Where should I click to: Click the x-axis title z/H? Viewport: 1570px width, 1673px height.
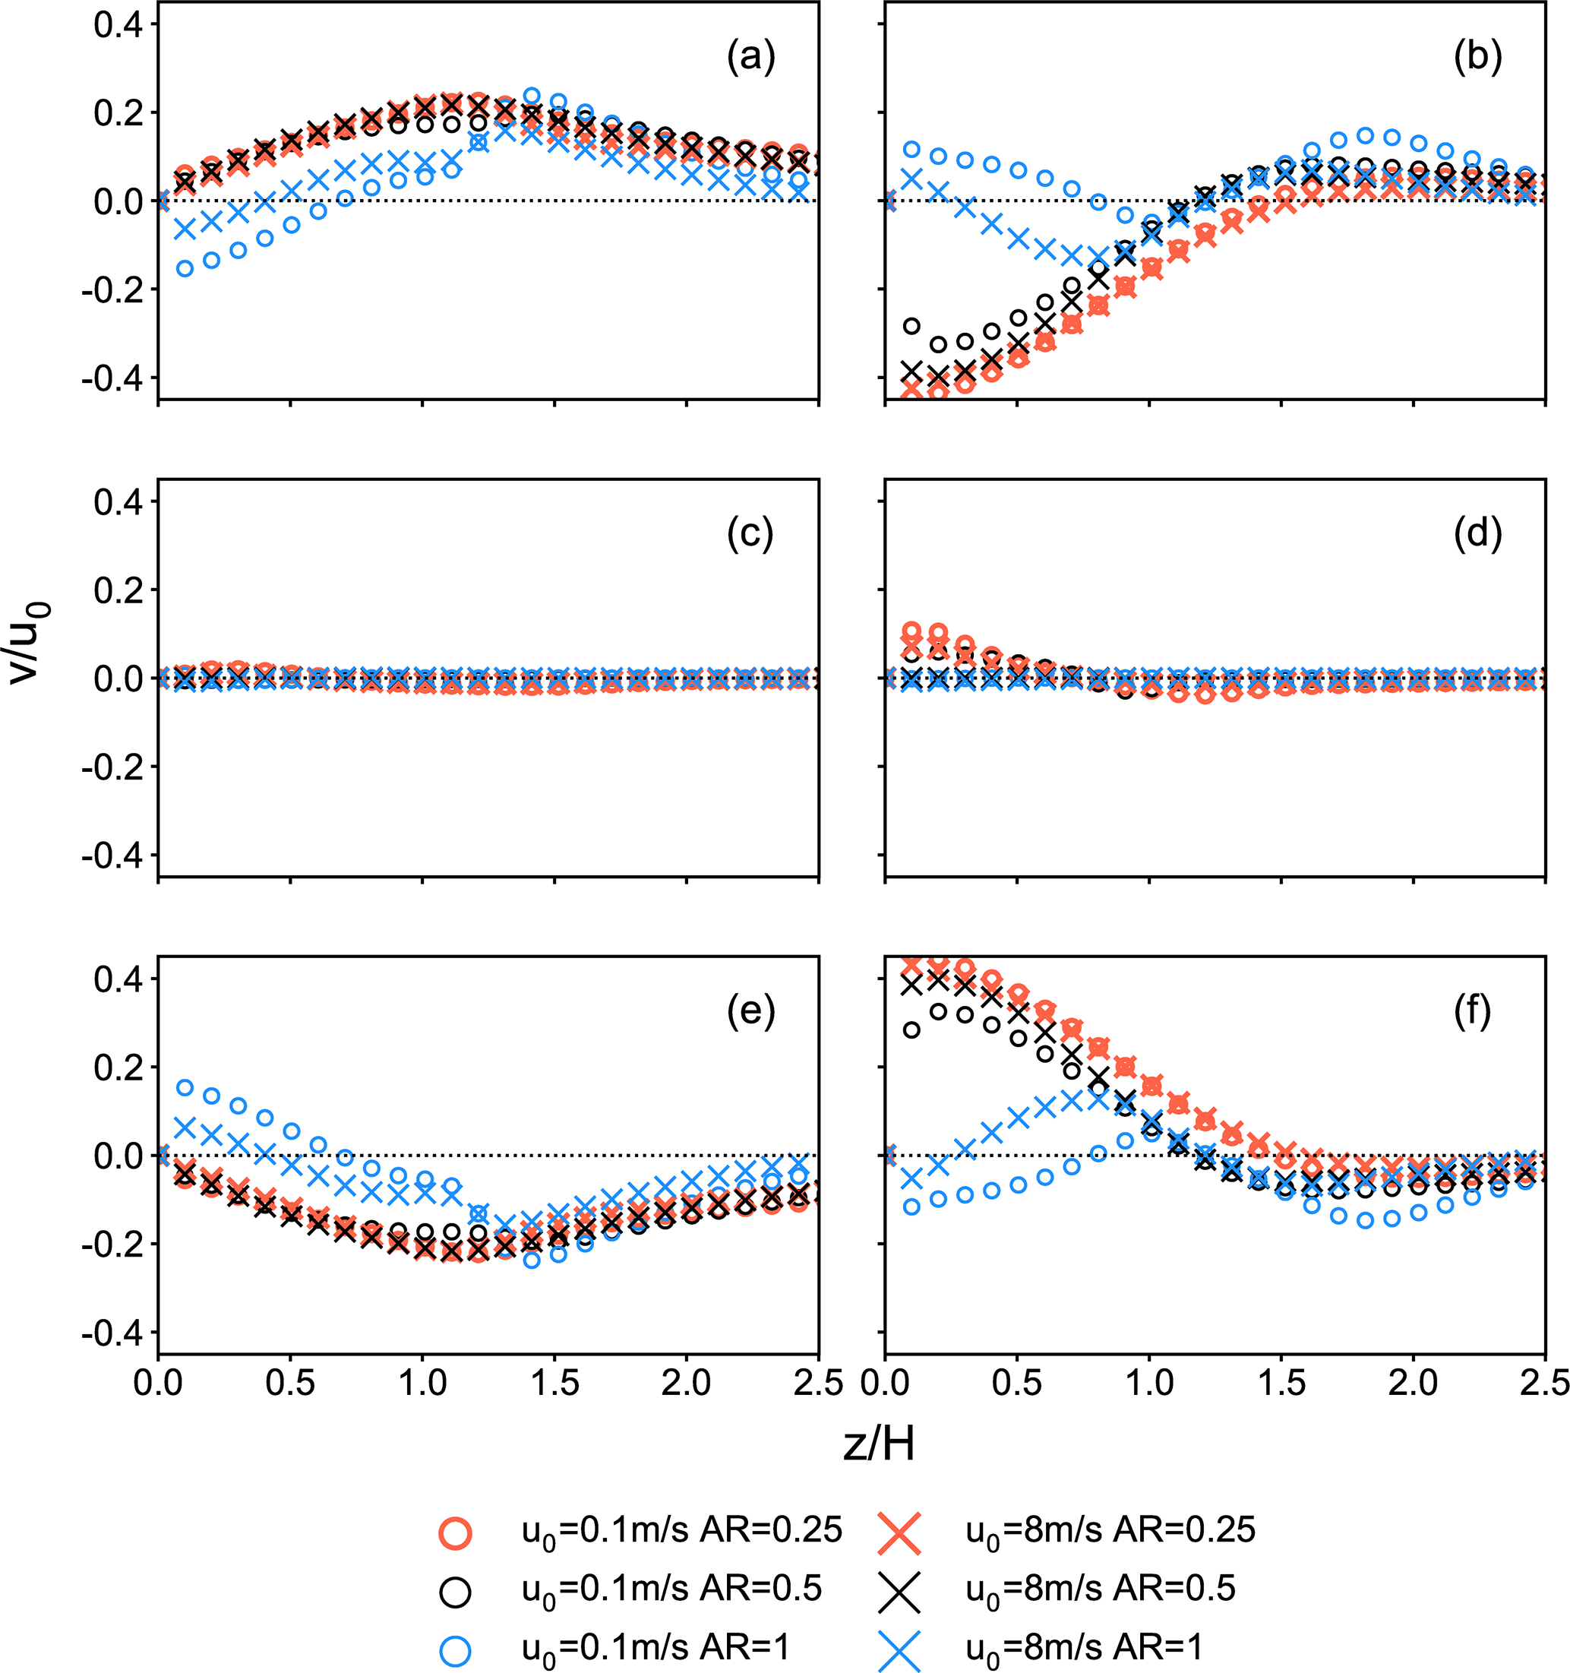tap(878, 1444)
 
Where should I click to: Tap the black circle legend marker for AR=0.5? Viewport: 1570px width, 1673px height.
tap(455, 1592)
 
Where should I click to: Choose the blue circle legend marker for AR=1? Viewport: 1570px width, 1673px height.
tap(455, 1650)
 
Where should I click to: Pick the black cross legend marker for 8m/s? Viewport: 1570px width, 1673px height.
tap(899, 1592)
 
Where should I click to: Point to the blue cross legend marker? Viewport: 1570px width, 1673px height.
tap(899, 1650)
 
